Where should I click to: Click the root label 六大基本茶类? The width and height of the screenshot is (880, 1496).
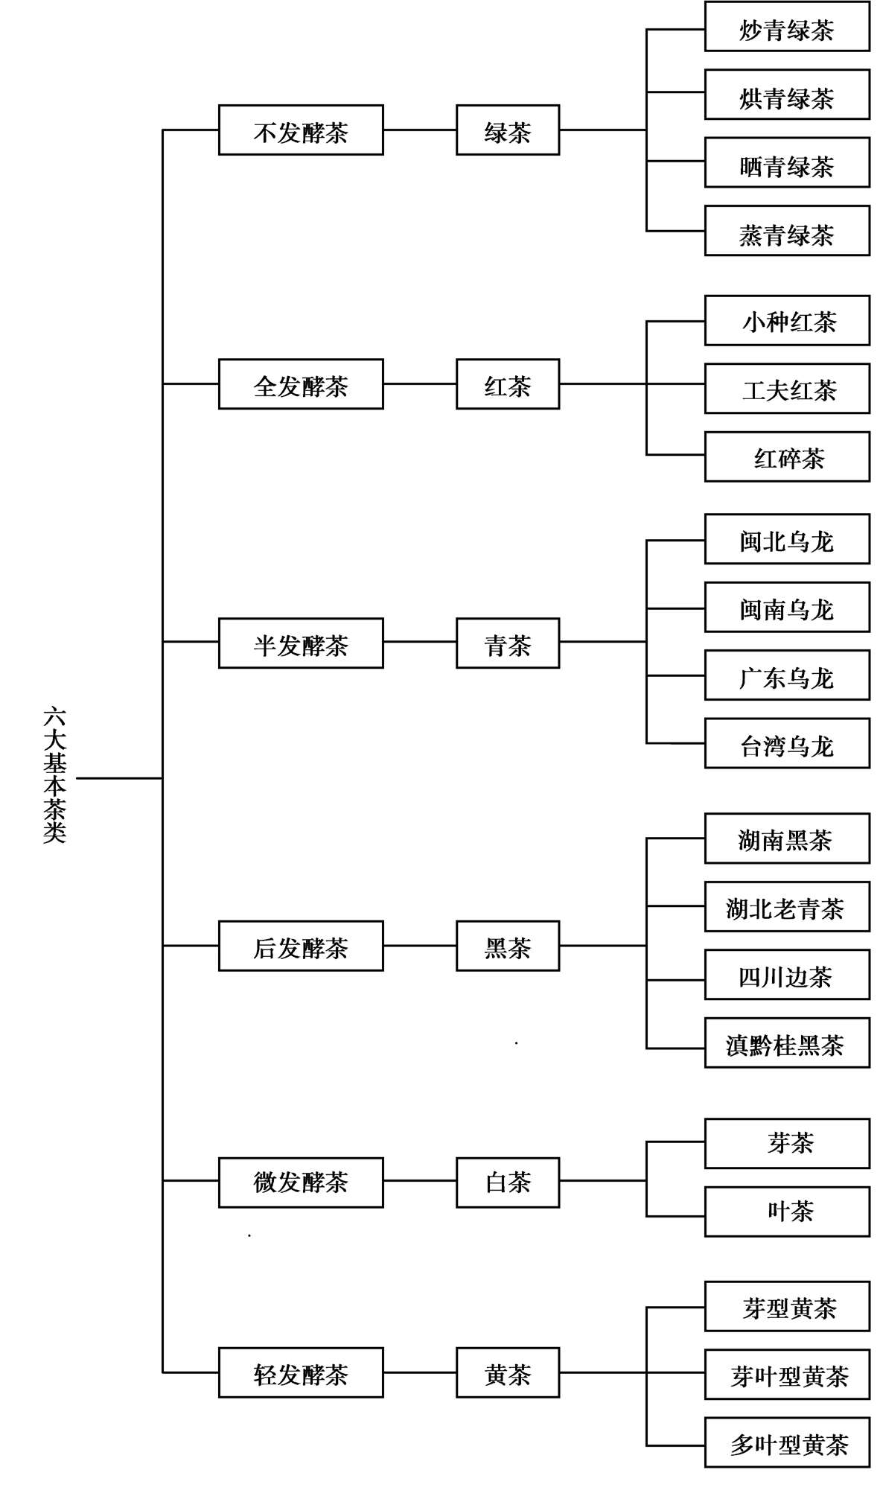click(x=54, y=775)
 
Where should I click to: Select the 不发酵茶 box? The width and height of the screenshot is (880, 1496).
click(x=301, y=130)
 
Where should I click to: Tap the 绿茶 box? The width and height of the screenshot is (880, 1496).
click(x=508, y=130)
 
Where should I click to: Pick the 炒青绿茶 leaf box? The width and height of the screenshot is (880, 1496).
click(x=787, y=27)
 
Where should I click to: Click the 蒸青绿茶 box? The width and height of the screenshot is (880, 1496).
click(x=787, y=231)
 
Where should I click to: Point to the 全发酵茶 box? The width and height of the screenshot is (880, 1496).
click(x=301, y=384)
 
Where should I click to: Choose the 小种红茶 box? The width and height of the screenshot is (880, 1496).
click(x=787, y=321)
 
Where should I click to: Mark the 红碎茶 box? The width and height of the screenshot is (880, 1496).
click(x=787, y=456)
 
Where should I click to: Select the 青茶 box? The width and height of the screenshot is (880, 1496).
click(x=508, y=643)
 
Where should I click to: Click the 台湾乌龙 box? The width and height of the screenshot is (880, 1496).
click(x=787, y=743)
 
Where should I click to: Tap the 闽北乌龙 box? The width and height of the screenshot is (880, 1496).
click(x=787, y=539)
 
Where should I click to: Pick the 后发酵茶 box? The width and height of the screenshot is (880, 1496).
click(x=301, y=946)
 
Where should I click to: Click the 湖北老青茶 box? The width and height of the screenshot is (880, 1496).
click(x=787, y=907)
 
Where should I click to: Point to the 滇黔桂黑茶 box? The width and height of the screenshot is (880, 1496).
click(x=787, y=1043)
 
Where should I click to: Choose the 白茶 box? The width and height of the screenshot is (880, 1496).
click(x=508, y=1182)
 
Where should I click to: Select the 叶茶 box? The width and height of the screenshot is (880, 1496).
click(x=787, y=1212)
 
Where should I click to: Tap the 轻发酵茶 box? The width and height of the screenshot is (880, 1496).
click(x=301, y=1372)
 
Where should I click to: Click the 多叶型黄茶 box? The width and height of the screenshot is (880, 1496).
click(x=787, y=1442)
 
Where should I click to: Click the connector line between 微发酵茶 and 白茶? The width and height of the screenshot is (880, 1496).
click(x=420, y=1180)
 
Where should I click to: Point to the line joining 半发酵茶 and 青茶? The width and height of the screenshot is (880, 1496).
click(x=420, y=641)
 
